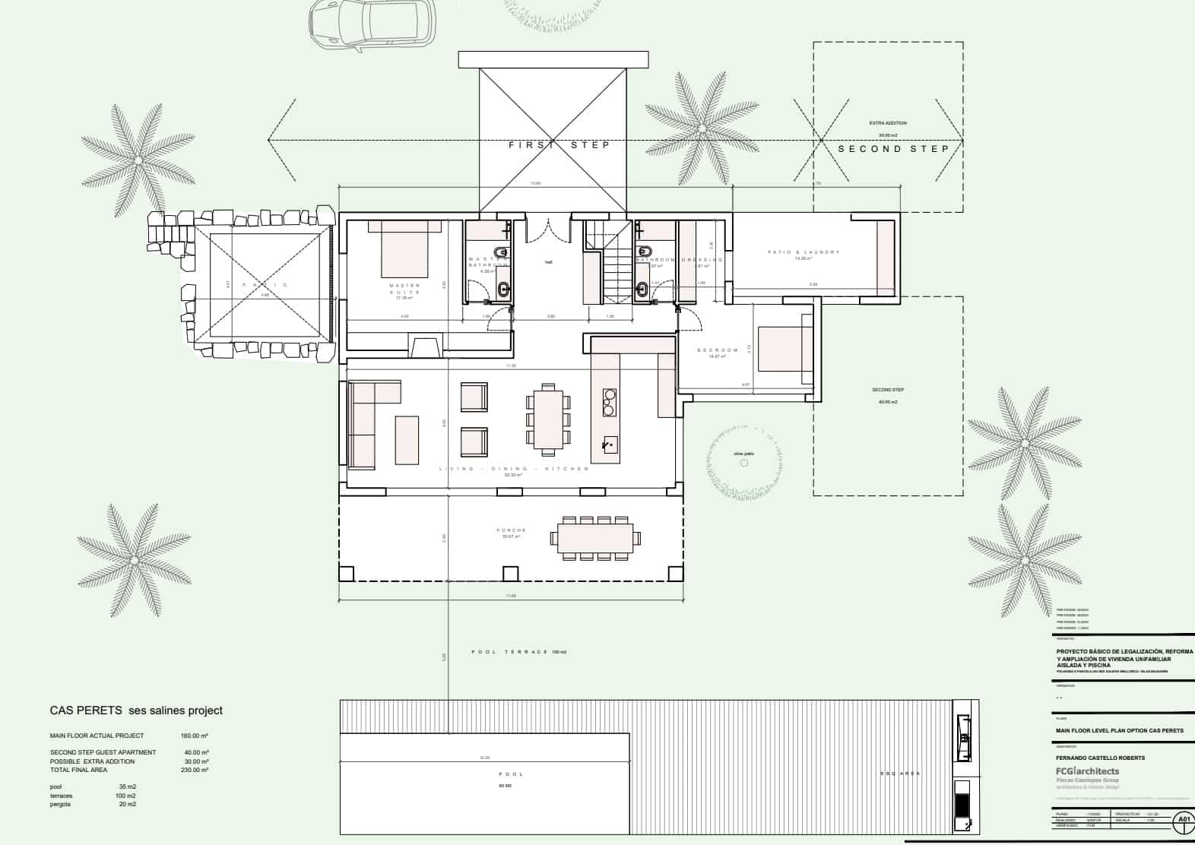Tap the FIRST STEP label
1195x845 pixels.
tap(559, 144)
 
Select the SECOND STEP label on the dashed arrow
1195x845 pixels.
tap(893, 149)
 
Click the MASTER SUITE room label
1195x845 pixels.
tap(404, 289)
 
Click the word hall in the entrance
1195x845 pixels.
tap(548, 262)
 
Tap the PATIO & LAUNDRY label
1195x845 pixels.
tap(804, 252)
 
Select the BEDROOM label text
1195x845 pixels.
tap(718, 350)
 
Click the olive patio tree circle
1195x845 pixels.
tap(743, 463)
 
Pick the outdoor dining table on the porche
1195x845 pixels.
tap(597, 539)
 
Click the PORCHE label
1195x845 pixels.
tap(512, 530)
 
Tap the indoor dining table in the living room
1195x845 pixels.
tap(547, 418)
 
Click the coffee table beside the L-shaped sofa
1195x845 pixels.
tap(407, 439)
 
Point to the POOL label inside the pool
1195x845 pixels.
tap(511, 774)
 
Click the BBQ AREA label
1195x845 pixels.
tap(900, 774)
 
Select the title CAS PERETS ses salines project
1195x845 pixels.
tap(136, 710)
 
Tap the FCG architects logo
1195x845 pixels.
tap(1087, 771)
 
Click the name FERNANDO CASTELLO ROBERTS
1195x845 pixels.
tap(1100, 758)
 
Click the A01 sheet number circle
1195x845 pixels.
tap(1183, 819)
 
